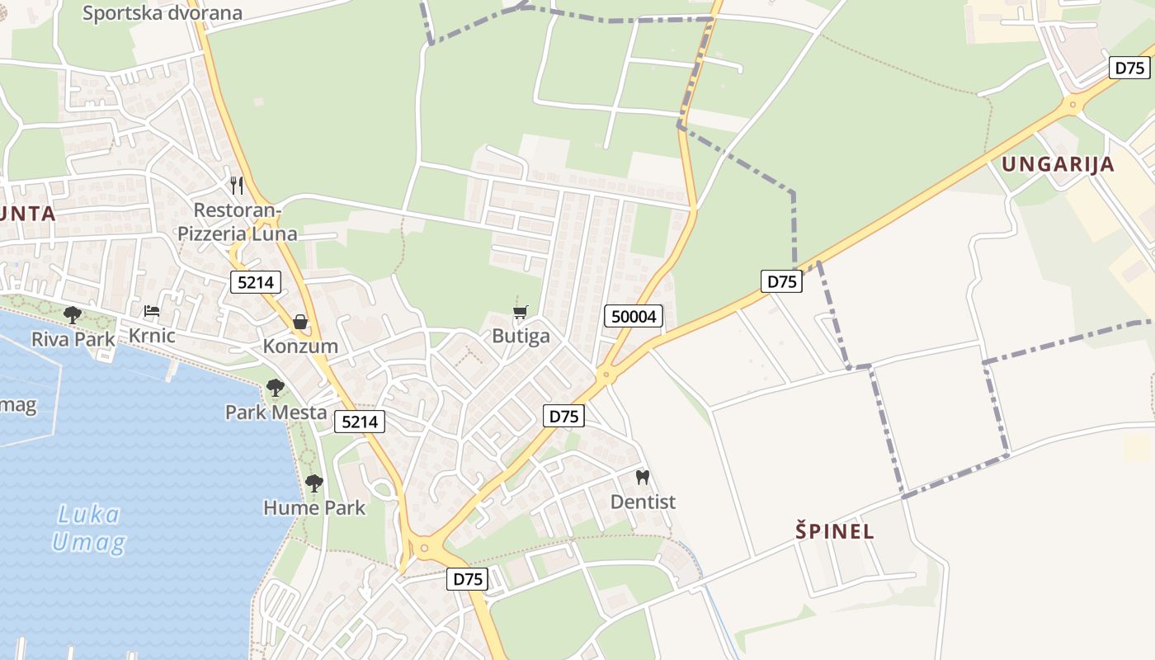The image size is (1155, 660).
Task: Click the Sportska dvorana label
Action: (163, 12)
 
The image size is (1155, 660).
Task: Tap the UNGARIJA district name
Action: (1058, 164)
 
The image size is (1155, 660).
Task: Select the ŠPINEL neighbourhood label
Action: (834, 531)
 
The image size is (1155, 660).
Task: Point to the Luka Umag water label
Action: (89, 529)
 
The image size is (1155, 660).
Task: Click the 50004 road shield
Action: (634, 316)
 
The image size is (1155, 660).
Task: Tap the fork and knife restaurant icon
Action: (237, 185)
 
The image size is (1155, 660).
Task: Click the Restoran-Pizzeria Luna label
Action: (238, 222)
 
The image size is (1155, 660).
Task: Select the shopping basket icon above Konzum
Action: (300, 322)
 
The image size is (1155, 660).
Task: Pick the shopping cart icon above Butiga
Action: (520, 312)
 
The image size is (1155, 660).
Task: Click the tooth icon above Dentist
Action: (643, 477)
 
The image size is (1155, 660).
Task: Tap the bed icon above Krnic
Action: (152, 311)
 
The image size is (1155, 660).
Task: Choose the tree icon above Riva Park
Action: (73, 314)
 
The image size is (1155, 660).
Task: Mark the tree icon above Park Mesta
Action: (276, 388)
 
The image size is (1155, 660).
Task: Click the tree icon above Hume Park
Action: (313, 483)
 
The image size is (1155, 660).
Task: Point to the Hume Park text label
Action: (313, 507)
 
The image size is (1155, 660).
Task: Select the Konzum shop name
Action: (300, 346)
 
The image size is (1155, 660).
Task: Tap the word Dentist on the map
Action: (643, 502)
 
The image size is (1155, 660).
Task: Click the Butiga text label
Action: (521, 336)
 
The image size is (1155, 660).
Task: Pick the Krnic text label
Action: (152, 336)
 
